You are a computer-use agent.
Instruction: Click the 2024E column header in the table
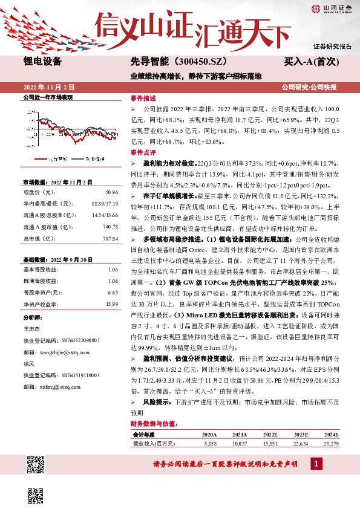[331, 434]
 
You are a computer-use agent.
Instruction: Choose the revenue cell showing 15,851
[271, 443]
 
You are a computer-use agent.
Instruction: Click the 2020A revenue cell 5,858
[209, 443]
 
